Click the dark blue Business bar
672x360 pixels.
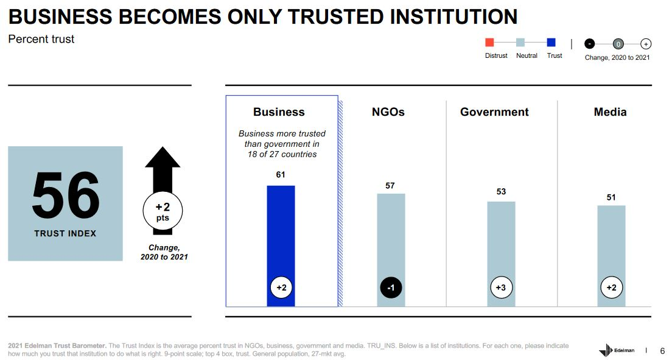(x=281, y=246)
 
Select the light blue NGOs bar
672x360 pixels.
(x=391, y=250)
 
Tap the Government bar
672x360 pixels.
(x=501, y=254)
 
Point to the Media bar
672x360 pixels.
(x=611, y=256)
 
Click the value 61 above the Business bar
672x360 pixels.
(x=281, y=175)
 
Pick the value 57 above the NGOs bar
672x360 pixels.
(x=390, y=186)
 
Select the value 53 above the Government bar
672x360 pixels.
(x=501, y=191)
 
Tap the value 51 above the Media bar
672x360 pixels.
(x=611, y=197)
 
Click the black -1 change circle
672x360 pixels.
(x=391, y=288)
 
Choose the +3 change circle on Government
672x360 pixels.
(x=501, y=288)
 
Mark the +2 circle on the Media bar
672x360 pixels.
(x=612, y=288)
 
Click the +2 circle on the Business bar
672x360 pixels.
(x=281, y=288)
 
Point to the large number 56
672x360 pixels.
(x=66, y=196)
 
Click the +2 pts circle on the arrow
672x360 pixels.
(x=163, y=211)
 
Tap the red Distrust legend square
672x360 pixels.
(x=489, y=42)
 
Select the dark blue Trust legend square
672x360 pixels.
(x=551, y=42)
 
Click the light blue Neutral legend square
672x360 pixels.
(x=520, y=42)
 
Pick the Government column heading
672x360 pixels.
(x=494, y=112)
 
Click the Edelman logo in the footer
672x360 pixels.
(x=617, y=350)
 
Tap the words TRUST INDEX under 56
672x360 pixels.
(x=65, y=233)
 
